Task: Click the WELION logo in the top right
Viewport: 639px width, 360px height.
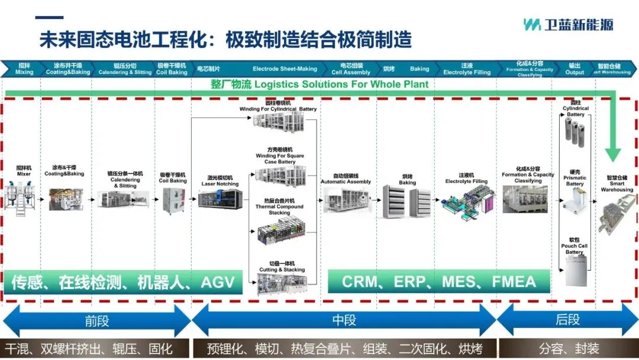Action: point(568,25)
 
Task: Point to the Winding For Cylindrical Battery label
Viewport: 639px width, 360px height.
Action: point(278,107)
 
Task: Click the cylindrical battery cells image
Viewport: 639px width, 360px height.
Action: point(575,131)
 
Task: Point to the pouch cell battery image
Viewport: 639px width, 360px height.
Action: point(575,273)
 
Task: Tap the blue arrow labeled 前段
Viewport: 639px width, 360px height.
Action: point(97,321)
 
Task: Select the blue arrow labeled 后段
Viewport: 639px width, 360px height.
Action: point(567,321)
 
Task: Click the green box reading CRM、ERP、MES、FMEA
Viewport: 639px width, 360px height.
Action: point(438,281)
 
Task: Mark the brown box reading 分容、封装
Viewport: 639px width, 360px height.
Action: point(568,348)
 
